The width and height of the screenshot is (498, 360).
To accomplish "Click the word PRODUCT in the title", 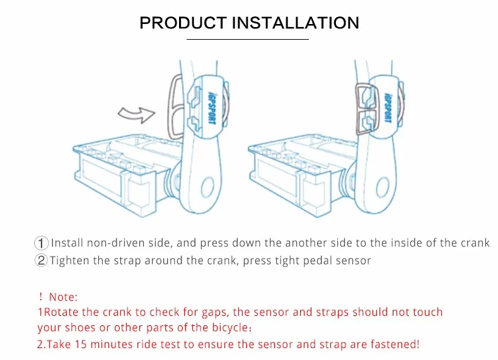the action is click(x=183, y=23).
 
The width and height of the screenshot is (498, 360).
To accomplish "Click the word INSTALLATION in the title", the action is click(x=296, y=23).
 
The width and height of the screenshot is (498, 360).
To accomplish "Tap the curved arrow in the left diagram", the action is click(x=137, y=114).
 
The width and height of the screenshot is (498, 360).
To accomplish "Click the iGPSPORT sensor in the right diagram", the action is click(x=384, y=105).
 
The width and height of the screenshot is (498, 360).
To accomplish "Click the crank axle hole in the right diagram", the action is click(x=383, y=187).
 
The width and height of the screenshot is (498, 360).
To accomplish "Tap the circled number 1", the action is click(x=42, y=243).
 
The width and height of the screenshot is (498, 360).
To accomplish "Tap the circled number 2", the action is click(x=42, y=260).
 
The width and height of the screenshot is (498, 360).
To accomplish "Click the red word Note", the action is click(x=62, y=296).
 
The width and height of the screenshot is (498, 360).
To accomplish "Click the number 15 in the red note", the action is click(x=81, y=344).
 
